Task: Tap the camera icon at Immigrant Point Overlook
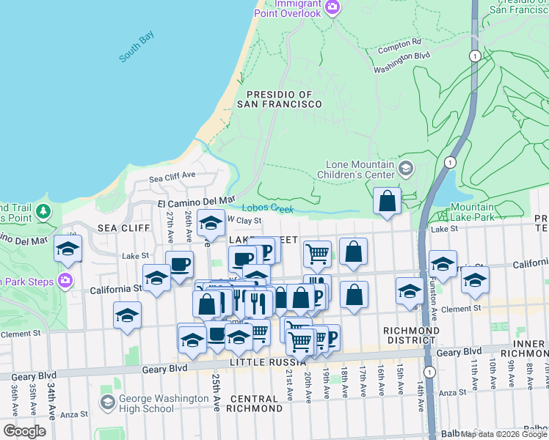332,8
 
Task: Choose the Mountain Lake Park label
472,212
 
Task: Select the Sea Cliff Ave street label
172,177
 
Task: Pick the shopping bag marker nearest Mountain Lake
387,199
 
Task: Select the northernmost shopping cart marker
317,253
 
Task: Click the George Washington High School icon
108,403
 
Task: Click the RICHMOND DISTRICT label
412,335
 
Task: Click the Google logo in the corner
24,431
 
